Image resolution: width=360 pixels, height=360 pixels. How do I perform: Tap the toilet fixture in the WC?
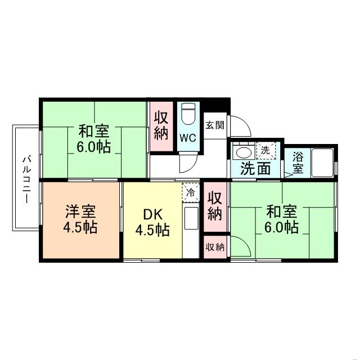[187, 115]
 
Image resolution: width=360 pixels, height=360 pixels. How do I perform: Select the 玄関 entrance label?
[214, 125]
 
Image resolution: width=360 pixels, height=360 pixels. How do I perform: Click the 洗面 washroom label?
[256, 168]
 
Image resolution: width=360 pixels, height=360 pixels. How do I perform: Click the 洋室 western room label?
[80, 212]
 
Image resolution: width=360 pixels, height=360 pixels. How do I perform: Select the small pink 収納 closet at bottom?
[215, 247]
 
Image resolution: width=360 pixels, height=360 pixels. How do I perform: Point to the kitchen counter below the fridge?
[191, 222]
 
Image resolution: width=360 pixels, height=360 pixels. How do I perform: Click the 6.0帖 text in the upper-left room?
[93, 148]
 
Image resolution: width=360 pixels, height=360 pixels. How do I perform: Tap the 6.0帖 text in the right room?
[282, 227]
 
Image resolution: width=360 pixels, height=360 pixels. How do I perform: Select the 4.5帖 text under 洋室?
[80, 228]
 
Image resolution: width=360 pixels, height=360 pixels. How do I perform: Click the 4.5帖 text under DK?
[152, 229]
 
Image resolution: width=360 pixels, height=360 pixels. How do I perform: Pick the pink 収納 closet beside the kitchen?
[215, 206]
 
